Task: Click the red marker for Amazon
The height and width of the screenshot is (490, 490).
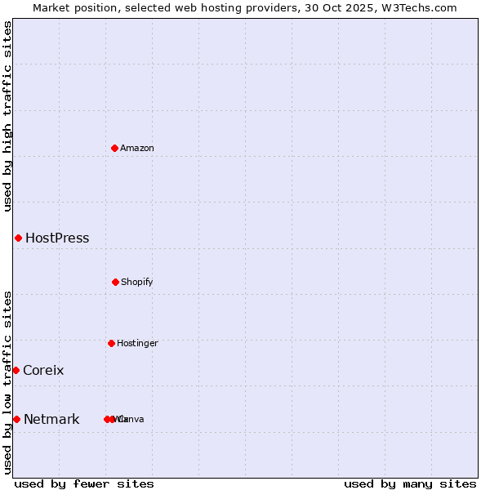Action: [x=115, y=148]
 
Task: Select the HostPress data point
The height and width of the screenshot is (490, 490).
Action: [x=18, y=238]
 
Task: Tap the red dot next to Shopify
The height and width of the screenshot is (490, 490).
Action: [x=115, y=282]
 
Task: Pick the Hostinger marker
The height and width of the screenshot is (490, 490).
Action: [x=111, y=343]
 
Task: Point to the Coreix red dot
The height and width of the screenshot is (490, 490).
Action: [x=16, y=370]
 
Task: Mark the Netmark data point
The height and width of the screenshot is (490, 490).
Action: [x=16, y=419]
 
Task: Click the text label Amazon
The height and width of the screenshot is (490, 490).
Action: [x=137, y=148]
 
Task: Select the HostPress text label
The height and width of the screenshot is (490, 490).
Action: [x=57, y=238]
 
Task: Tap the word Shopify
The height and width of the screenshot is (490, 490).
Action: [x=137, y=282]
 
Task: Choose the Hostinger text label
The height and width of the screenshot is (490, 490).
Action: [x=137, y=343]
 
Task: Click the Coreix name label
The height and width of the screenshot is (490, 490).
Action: [x=43, y=371]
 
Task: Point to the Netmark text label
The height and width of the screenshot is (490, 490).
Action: [x=51, y=420]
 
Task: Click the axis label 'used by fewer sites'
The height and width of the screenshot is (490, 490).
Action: [x=84, y=483]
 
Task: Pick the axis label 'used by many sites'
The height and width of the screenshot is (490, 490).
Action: [x=410, y=483]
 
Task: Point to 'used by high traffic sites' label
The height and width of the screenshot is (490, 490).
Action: [x=7, y=116]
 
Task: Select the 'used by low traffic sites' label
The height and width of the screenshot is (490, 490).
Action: [x=7, y=382]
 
